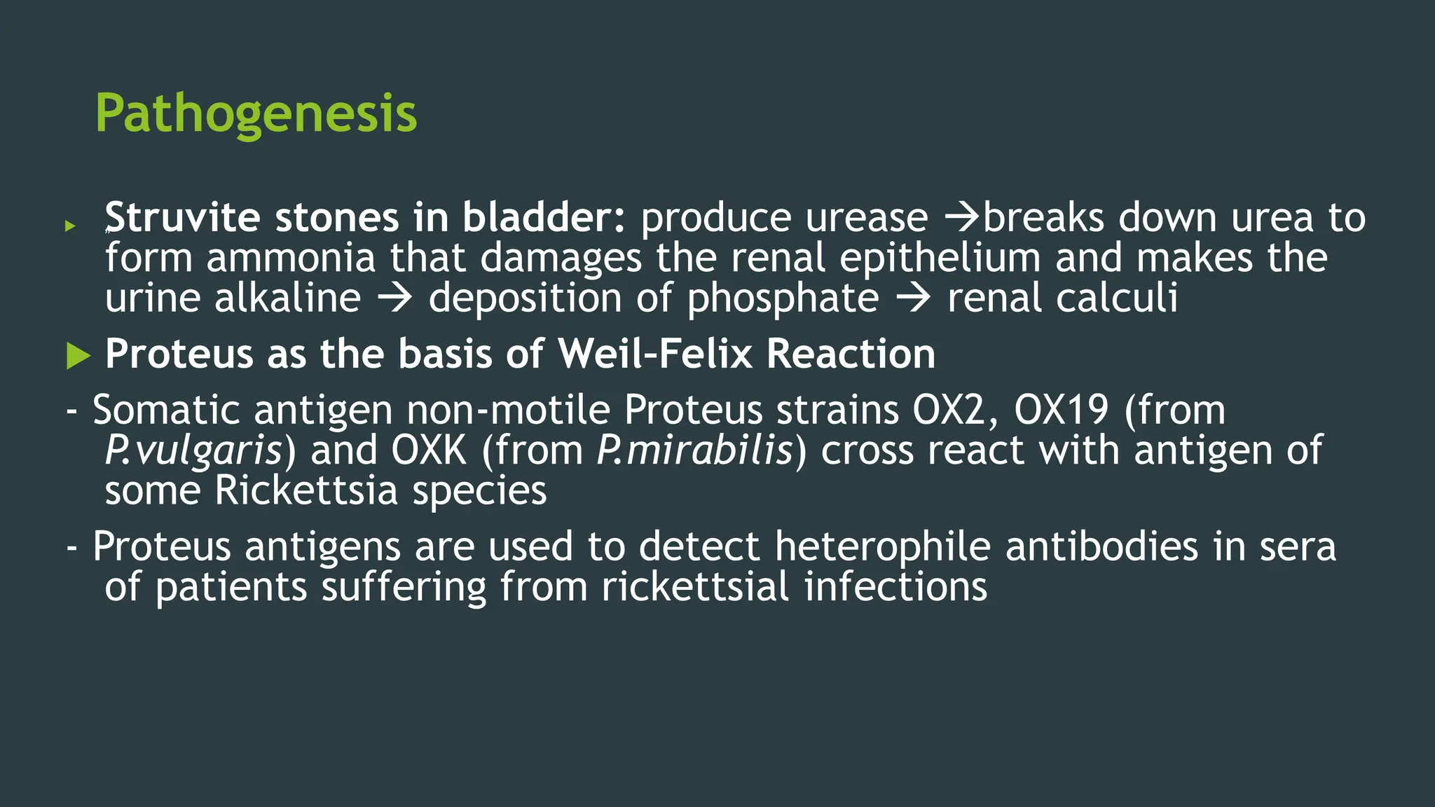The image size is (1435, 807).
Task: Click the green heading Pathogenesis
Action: pyautogui.click(x=256, y=113)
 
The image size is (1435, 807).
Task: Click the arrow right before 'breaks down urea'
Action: pyautogui.click(x=963, y=218)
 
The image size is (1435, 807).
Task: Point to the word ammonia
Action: pyautogui.click(x=291, y=258)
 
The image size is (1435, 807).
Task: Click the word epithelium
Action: pyautogui.click(x=940, y=258)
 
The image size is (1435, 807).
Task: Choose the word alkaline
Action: pyautogui.click(x=287, y=298)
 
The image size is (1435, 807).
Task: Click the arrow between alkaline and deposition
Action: pyautogui.click(x=394, y=299)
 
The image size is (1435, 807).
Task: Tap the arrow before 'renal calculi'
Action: pyautogui.click(x=914, y=299)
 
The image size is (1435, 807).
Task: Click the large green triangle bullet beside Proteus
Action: pyautogui.click(x=78, y=355)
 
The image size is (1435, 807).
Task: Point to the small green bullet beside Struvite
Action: pyautogui.click(x=69, y=226)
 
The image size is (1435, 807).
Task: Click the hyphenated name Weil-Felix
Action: pyautogui.click(x=655, y=353)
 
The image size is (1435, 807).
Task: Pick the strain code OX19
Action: pyautogui.click(x=1061, y=410)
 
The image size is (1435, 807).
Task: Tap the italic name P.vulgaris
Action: pyautogui.click(x=193, y=450)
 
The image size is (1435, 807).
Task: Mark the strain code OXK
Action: pyautogui.click(x=429, y=450)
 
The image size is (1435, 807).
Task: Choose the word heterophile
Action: pyautogui.click(x=882, y=546)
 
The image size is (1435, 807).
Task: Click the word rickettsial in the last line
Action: pyautogui.click(x=695, y=587)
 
